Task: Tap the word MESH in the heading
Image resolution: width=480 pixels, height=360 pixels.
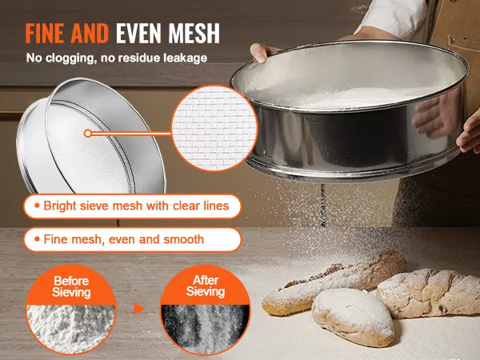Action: click(194, 33)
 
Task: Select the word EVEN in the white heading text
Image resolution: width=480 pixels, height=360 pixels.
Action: click(138, 33)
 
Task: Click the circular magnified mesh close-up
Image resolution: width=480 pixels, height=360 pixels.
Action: click(214, 128)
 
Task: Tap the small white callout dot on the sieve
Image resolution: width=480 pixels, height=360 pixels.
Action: click(88, 133)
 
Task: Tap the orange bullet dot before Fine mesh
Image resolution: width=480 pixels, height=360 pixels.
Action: click(37, 239)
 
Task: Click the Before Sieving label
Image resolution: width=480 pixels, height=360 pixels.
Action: click(71, 286)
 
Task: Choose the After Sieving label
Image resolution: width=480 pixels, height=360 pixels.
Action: click(206, 286)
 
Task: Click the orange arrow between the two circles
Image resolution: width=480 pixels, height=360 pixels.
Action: click(139, 309)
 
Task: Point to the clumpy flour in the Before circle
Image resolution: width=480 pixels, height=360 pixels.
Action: click(70, 327)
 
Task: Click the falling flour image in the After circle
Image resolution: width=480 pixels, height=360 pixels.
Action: click(205, 327)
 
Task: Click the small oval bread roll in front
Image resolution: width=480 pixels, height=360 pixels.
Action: click(353, 317)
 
